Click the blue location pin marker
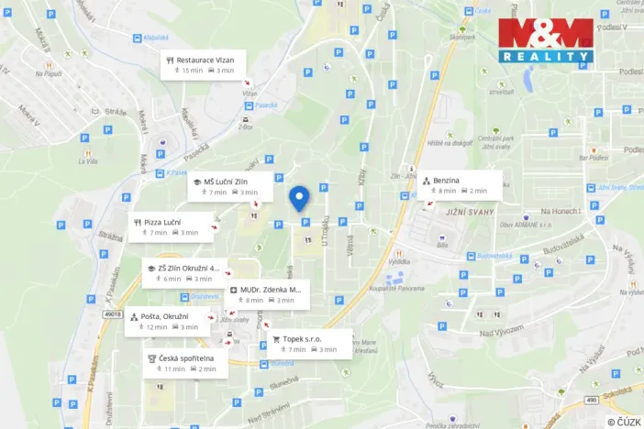click(x=298, y=198)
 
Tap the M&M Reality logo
click(x=546, y=40)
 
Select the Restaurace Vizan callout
click(x=201, y=64)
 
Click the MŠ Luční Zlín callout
click(x=230, y=186)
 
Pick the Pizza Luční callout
click(x=173, y=226)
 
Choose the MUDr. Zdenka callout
click(x=267, y=294)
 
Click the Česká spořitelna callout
click(x=186, y=363)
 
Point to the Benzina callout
click(x=461, y=184)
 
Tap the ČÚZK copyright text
click(x=624, y=422)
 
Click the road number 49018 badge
click(x=113, y=314)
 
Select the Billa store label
click(x=442, y=246)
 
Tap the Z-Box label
click(x=245, y=128)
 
